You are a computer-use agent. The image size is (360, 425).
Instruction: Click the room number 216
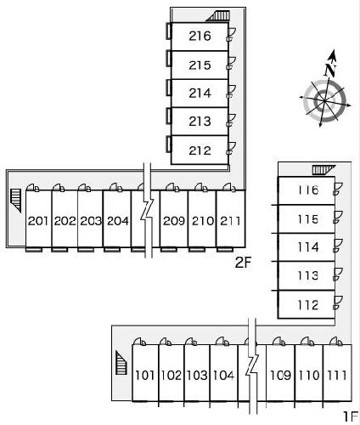[x=200, y=36]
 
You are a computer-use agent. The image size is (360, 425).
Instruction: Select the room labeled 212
[x=200, y=150]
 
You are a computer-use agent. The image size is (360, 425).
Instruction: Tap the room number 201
[x=38, y=221]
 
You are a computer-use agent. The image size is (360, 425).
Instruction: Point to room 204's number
[x=118, y=221]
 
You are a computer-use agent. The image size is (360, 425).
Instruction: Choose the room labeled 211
[x=230, y=221]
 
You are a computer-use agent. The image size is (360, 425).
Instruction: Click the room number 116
[x=308, y=190]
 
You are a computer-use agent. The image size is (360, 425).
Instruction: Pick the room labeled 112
[x=308, y=305]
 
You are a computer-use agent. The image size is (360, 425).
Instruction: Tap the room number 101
[x=145, y=375]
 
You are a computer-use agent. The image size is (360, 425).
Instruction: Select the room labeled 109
[x=280, y=375]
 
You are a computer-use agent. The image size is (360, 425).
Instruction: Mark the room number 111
[x=337, y=375]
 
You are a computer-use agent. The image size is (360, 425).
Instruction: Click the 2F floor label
[x=243, y=263]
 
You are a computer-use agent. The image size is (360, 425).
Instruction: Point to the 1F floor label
[x=351, y=416]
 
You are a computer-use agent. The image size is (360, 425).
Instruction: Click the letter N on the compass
[x=330, y=70]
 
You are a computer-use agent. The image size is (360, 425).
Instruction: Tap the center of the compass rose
[x=324, y=100]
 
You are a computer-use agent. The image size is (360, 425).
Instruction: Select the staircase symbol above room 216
[x=217, y=16]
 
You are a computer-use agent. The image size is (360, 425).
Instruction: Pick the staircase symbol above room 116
[x=323, y=170]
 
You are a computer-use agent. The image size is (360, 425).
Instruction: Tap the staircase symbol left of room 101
[x=121, y=363]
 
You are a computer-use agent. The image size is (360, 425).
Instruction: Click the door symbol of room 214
[x=231, y=92]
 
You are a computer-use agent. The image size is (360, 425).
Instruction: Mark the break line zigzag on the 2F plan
[x=148, y=210]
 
